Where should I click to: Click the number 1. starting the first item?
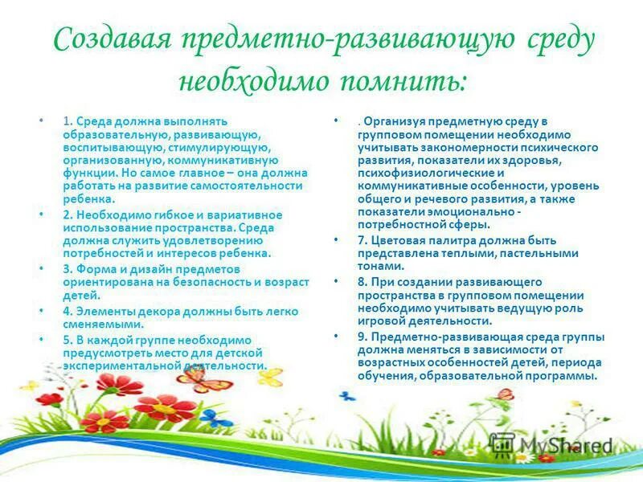click(x=68, y=121)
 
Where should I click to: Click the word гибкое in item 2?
click(x=161, y=214)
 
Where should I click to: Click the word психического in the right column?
click(x=563, y=148)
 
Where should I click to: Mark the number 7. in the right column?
click(x=363, y=240)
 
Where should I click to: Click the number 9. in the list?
click(x=363, y=337)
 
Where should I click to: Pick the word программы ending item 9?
click(x=567, y=375)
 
